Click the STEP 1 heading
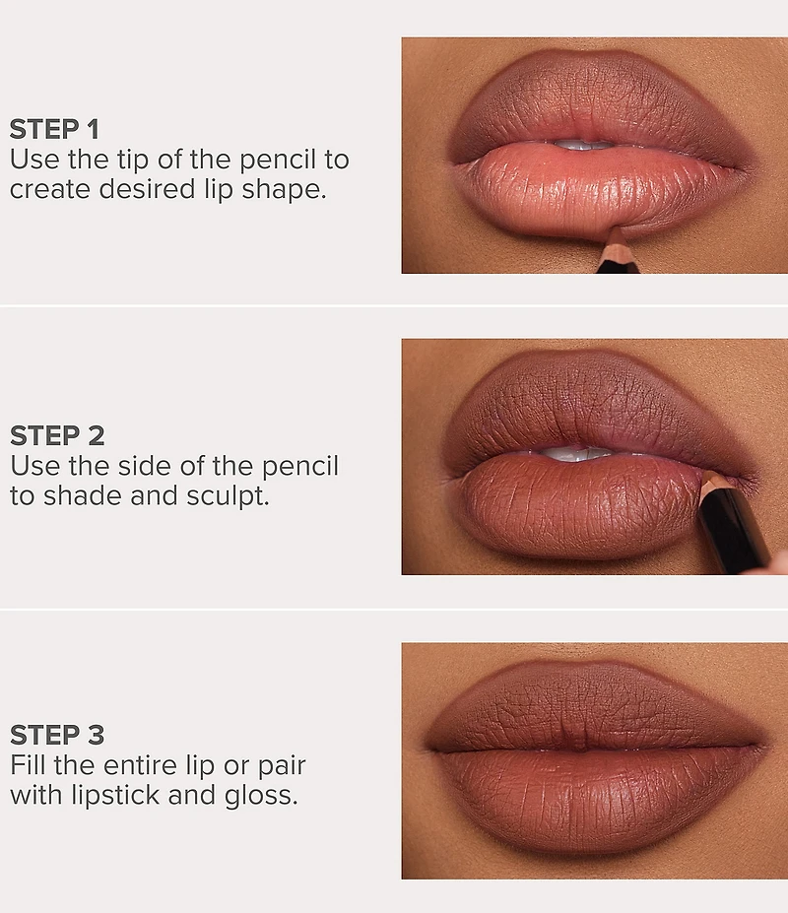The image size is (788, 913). tap(54, 129)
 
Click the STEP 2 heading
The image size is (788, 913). tap(57, 435)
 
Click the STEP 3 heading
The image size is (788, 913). tap(57, 735)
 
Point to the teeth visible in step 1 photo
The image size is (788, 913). tap(583, 144)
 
